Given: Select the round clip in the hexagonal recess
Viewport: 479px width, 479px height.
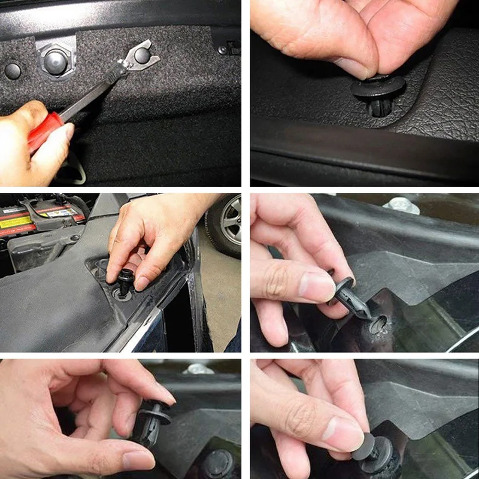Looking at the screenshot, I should tap(56, 60).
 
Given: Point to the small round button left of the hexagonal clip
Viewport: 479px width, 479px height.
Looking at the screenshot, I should tap(13, 71).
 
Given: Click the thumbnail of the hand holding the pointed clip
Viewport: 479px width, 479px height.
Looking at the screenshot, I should tap(316, 286).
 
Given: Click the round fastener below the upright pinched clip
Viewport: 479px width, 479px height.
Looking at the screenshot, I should tap(217, 464).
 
